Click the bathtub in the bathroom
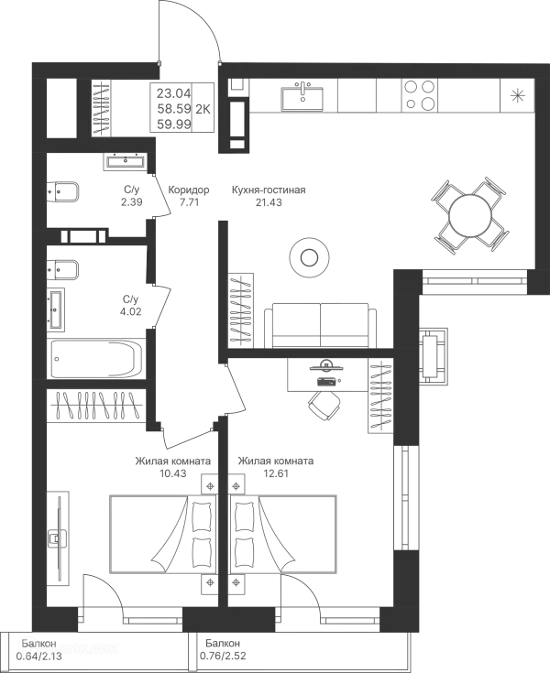tap(95, 356)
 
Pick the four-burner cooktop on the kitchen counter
tap(421, 95)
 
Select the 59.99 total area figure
tap(171, 120)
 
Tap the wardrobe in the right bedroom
tap(379, 395)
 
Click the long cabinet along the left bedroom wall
tap(60, 540)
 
